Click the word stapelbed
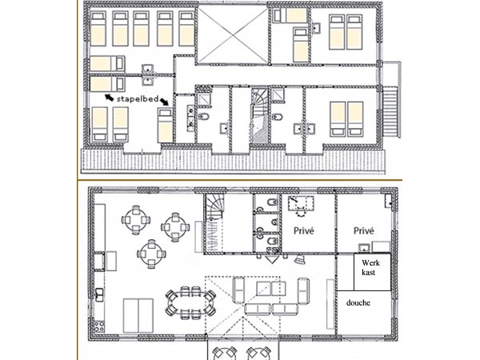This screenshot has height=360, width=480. [x=138, y=99]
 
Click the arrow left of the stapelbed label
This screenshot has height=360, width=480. [x=110, y=98]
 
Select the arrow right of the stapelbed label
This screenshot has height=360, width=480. [x=164, y=101]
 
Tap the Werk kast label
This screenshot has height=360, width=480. [x=370, y=267]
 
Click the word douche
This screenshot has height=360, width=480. [x=358, y=302]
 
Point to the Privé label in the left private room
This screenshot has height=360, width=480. [x=304, y=230]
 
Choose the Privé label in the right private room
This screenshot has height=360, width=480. [x=364, y=230]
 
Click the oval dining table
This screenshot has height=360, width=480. [x=190, y=302]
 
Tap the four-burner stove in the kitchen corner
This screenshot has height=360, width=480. [x=99, y=326]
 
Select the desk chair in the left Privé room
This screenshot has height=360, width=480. [x=302, y=211]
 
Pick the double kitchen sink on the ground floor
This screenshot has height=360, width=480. [x=99, y=294]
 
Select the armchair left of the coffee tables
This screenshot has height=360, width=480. [x=238, y=290]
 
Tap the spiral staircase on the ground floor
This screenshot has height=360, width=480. [x=214, y=223]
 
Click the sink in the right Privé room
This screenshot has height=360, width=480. [x=364, y=247]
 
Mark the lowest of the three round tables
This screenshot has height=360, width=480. [x=151, y=254]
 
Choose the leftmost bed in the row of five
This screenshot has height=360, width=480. [x=98, y=29]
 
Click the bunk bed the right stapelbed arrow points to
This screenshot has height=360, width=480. [x=165, y=126]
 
